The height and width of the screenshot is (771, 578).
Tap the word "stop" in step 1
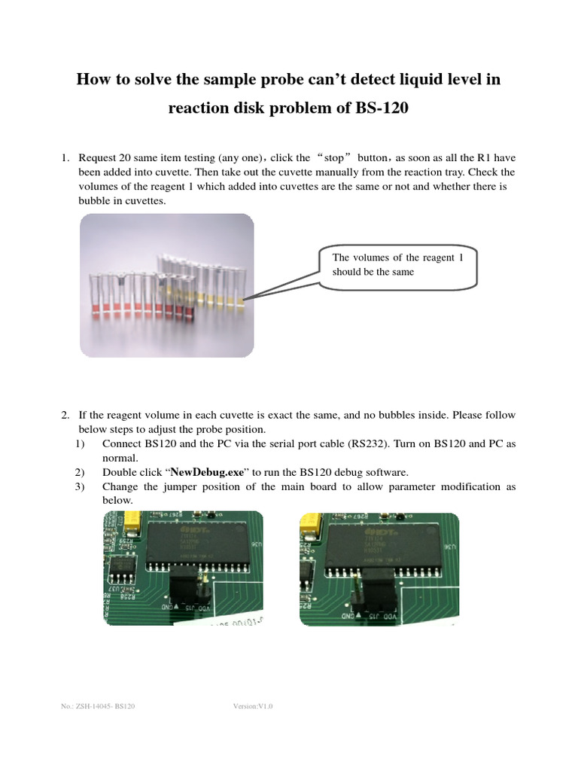tap(333, 158)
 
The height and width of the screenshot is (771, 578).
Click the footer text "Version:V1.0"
tap(254, 706)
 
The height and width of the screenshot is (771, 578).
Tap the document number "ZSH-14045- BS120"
tap(102, 706)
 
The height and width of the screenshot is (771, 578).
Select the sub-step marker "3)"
tap(81, 486)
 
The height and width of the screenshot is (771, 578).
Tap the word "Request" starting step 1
tap(98, 158)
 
